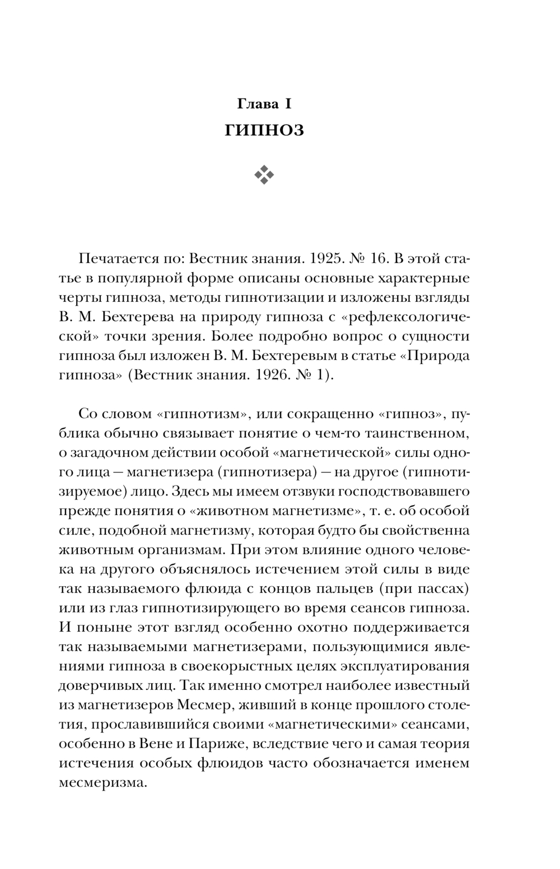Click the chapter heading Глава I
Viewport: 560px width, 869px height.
tap(264, 104)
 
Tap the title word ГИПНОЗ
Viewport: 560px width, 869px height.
tap(264, 130)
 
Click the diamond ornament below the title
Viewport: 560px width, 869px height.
tap(264, 176)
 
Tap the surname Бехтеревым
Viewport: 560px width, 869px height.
tap(320, 356)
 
